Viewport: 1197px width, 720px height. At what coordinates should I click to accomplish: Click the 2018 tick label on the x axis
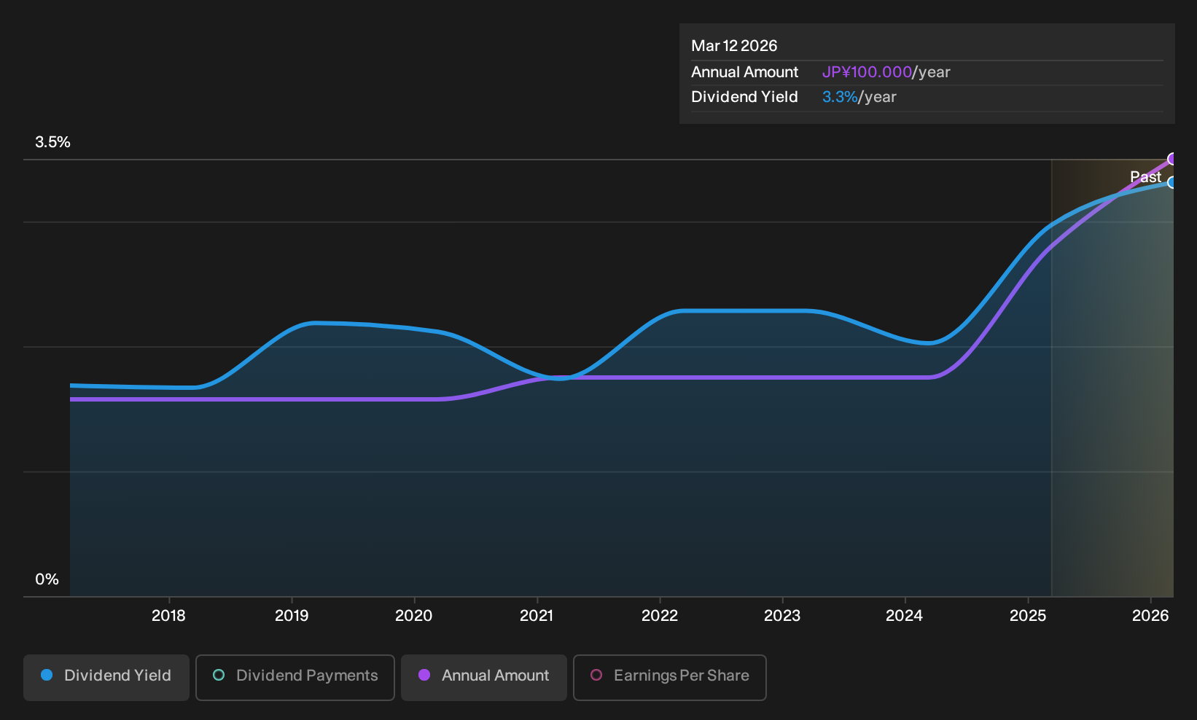[168, 616]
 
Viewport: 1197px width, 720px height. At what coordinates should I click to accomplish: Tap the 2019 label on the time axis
[292, 616]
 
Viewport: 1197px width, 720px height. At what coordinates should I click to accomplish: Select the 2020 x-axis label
[413, 616]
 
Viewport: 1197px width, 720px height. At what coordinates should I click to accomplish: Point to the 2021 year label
[537, 616]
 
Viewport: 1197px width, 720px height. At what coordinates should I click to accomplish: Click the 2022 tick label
[660, 616]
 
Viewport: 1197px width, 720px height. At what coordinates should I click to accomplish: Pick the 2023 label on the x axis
[781, 616]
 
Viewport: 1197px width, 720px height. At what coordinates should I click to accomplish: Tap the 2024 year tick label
[904, 616]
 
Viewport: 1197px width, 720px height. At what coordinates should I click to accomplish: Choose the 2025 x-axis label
[1028, 616]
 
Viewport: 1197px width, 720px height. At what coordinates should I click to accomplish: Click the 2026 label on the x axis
[1150, 616]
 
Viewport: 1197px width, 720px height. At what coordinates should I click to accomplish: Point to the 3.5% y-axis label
[52, 142]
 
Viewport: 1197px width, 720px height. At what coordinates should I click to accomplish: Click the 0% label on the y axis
[47, 579]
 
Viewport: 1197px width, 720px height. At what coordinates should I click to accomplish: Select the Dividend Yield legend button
[106, 677]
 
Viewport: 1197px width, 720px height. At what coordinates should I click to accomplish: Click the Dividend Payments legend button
[295, 677]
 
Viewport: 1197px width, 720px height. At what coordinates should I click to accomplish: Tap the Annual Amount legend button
[483, 677]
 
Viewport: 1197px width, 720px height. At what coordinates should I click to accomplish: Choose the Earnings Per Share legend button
[669, 677]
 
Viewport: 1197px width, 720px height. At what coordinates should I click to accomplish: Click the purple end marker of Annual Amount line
[1172, 159]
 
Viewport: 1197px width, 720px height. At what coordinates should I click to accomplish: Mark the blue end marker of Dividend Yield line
[1172, 182]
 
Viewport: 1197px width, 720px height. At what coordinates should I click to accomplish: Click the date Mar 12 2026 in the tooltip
[733, 46]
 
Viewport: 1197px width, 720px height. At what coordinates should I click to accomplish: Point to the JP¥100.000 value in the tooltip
[867, 72]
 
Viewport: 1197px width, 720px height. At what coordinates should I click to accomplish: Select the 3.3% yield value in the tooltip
[840, 97]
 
